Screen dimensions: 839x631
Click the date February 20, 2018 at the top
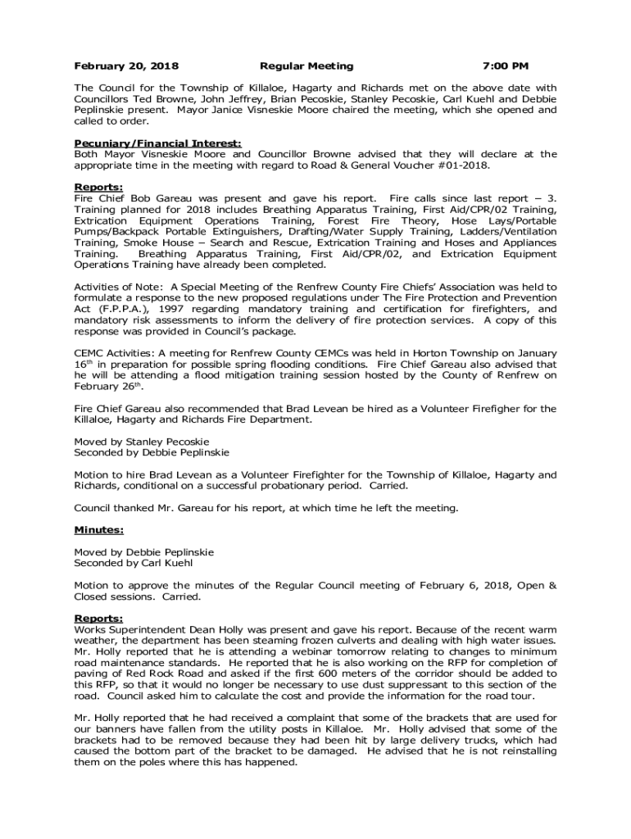tap(126, 66)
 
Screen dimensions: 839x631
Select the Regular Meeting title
tap(306, 66)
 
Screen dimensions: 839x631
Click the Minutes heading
tap(99, 529)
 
